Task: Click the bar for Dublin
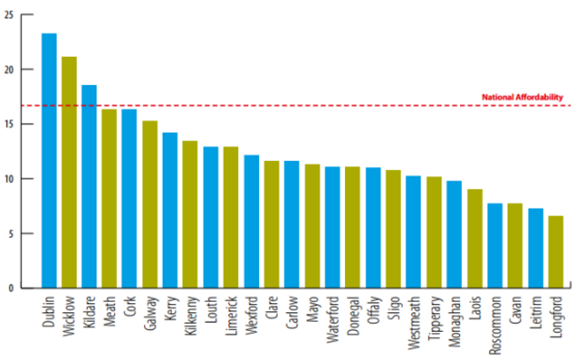point(50,160)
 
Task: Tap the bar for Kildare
point(89,186)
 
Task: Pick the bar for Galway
point(150,203)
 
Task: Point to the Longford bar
point(555,251)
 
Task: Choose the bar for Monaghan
point(454,234)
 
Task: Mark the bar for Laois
point(474,238)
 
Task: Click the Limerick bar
point(231,217)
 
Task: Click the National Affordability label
point(521,97)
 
